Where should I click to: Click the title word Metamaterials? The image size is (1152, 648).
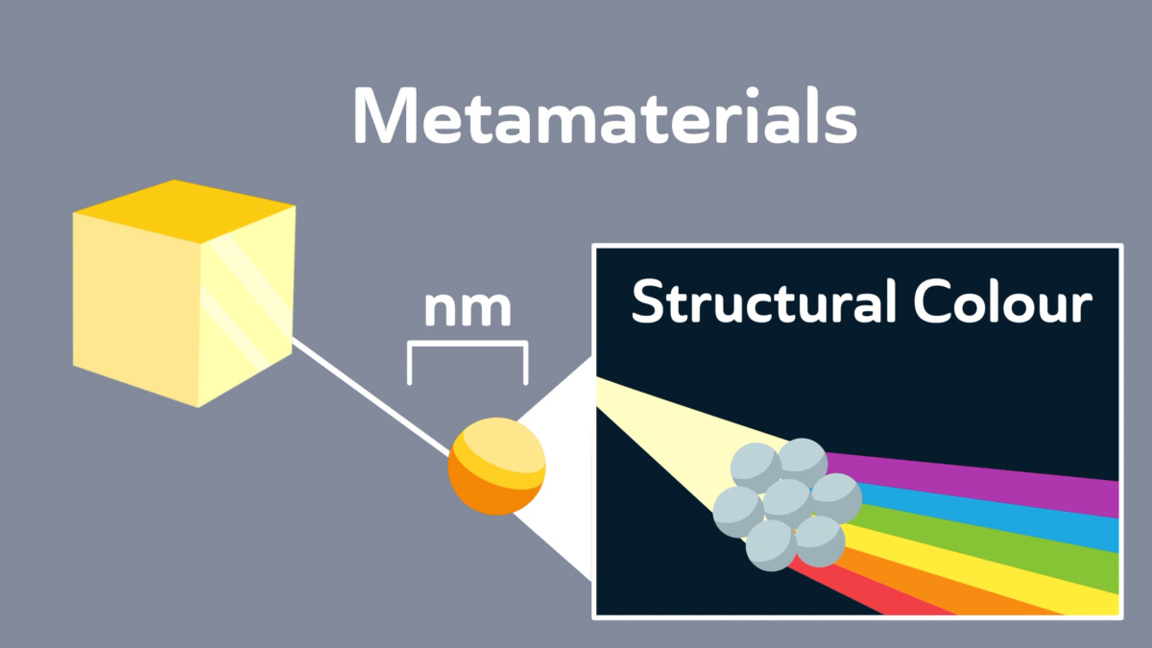pyautogui.click(x=606, y=116)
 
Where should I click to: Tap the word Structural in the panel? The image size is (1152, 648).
pyautogui.click(x=764, y=301)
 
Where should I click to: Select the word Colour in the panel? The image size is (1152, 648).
pyautogui.click(x=1003, y=301)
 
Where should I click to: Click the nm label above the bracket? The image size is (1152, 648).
pyautogui.click(x=468, y=309)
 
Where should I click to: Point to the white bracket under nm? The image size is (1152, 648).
pyautogui.click(x=468, y=344)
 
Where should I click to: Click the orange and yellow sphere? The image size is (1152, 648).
pyautogui.click(x=496, y=466)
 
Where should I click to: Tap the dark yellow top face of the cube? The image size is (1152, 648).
pyautogui.click(x=183, y=211)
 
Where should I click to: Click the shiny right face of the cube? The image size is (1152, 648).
pyautogui.click(x=247, y=306)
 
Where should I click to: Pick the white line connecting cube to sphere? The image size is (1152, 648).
pyautogui.click(x=371, y=397)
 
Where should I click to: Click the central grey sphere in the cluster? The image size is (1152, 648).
pyautogui.click(x=788, y=502)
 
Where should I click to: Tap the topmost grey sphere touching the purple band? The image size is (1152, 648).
pyautogui.click(x=803, y=463)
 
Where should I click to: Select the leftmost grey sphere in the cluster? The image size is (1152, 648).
pyautogui.click(x=738, y=512)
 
